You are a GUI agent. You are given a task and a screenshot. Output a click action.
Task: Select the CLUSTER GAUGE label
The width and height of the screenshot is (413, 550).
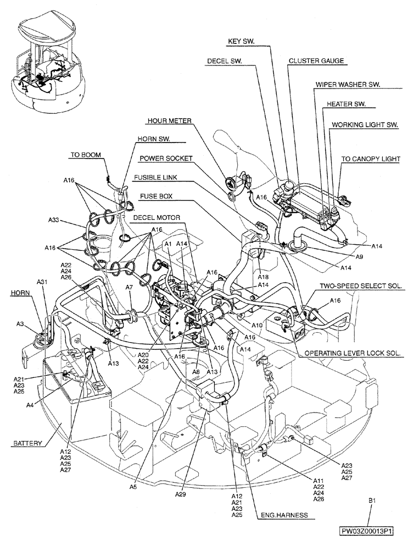310,62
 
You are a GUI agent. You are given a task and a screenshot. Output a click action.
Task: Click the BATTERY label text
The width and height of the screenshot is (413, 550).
26,442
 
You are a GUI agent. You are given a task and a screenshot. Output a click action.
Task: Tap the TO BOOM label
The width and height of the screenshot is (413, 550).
86,155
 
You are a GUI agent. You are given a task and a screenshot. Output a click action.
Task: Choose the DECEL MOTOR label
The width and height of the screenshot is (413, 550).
160,217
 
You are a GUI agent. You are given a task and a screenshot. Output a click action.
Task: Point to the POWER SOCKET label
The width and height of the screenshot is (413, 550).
165,158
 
